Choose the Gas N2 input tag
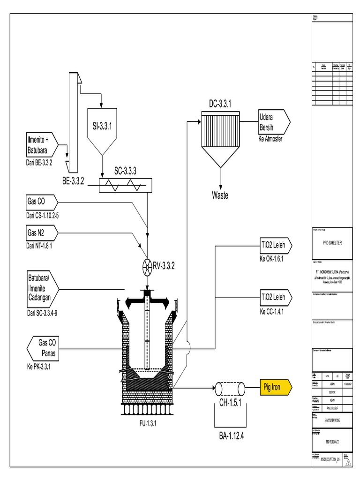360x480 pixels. pyautogui.click(x=42, y=233)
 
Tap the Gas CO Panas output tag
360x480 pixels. pyautogui.click(x=45, y=348)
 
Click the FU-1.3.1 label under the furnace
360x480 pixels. pyautogui.click(x=147, y=424)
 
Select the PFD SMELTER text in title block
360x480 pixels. pyautogui.click(x=331, y=244)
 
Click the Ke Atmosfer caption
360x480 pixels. pyautogui.click(x=270, y=140)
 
